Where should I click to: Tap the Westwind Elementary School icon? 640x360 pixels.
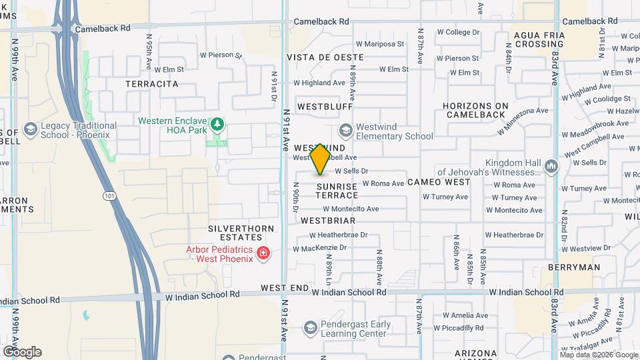pos(345,130)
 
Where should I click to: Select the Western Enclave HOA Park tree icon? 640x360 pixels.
pos(217,124)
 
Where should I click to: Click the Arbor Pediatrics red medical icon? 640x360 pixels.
pos(264,253)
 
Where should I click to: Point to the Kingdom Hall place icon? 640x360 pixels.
pos(551,166)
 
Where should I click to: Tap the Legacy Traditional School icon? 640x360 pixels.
pos(30,129)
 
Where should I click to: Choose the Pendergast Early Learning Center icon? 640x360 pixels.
pos(310,327)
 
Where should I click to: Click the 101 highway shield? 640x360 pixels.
pos(108,195)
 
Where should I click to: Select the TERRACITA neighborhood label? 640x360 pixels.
pos(152,84)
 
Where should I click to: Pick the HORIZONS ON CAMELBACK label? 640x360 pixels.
pos(475,110)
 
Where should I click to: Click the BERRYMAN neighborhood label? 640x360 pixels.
pos(573,267)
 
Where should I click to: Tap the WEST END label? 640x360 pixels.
pos(285,288)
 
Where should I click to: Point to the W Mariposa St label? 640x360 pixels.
pos(380,44)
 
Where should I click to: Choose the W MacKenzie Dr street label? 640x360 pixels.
pos(321,247)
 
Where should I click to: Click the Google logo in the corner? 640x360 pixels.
pos(22,351)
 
